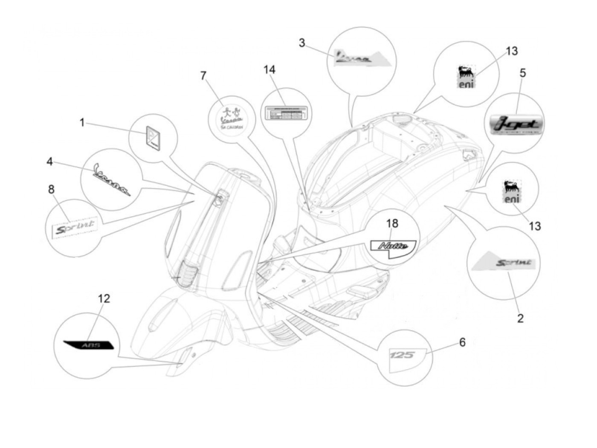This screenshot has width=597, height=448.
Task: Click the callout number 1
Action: (x=82, y=123)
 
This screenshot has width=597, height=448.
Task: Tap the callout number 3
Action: (x=302, y=43)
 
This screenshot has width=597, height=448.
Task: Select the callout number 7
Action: (x=203, y=76)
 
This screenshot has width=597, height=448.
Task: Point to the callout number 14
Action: (x=270, y=70)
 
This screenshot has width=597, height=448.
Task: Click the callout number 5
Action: (x=522, y=73)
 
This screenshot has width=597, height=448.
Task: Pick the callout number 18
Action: (x=392, y=223)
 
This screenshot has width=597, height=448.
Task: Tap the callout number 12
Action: (x=104, y=299)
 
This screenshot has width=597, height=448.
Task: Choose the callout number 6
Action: (x=462, y=342)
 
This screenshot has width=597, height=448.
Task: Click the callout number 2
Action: (x=520, y=318)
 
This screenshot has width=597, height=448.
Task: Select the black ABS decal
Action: (x=89, y=345)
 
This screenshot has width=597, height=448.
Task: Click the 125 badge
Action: (x=402, y=354)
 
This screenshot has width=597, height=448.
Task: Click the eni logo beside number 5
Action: (x=465, y=77)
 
